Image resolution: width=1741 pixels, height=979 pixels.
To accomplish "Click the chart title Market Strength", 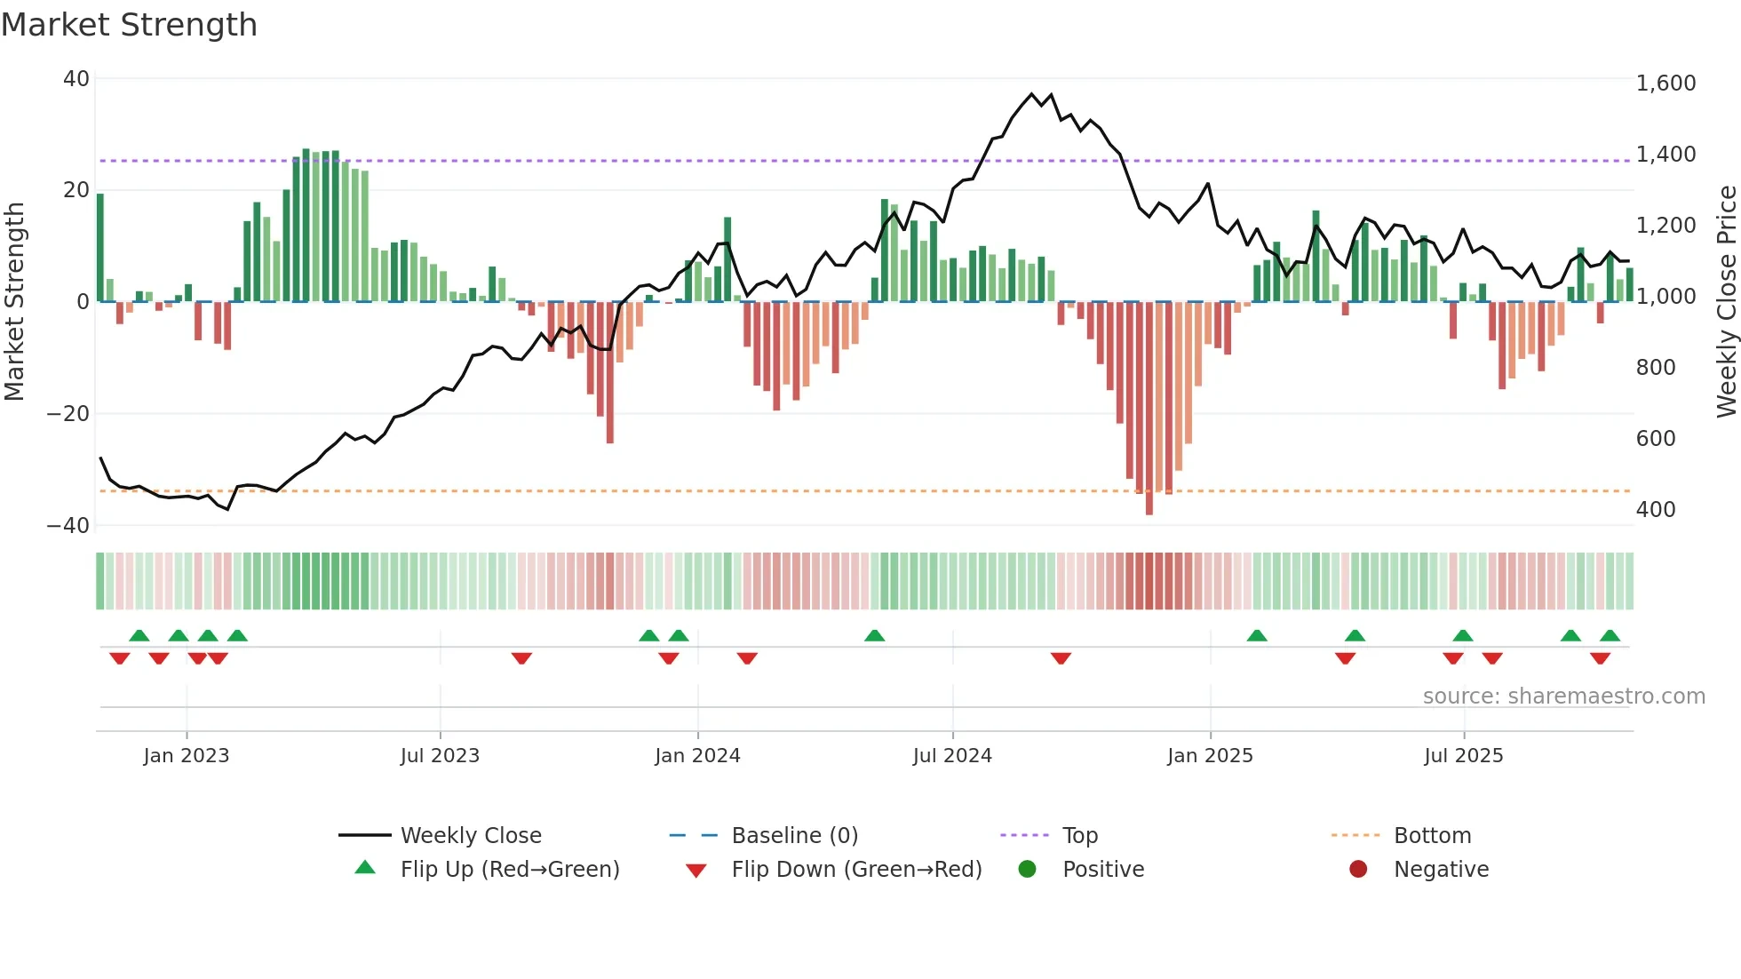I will (x=129, y=25).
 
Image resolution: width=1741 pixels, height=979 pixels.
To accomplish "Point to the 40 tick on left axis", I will (x=76, y=79).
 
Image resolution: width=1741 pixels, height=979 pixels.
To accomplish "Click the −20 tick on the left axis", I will (x=68, y=414).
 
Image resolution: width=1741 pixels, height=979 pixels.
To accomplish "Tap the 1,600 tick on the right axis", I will (x=1665, y=84).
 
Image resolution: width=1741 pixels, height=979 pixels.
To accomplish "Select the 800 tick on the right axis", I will (x=1656, y=368).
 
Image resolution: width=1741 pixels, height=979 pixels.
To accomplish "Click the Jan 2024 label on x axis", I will (x=697, y=756).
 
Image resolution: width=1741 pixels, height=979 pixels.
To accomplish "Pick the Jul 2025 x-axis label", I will (x=1463, y=756).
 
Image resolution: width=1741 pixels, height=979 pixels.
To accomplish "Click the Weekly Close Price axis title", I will (x=1726, y=301).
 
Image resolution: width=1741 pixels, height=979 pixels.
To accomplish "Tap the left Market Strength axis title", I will (x=14, y=301).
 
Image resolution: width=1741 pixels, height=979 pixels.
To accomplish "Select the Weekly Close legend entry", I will (x=470, y=836).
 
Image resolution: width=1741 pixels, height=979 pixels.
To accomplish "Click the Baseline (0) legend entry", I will (x=794, y=836).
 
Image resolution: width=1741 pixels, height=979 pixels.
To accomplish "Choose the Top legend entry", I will (x=1079, y=836).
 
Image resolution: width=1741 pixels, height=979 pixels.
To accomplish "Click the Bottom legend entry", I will (x=1432, y=836).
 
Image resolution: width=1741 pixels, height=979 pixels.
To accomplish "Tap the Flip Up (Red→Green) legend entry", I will (x=509, y=870).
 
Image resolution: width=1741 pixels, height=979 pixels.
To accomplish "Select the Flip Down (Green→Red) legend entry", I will (x=856, y=870).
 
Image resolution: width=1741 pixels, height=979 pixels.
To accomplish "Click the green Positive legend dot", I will (x=1027, y=870).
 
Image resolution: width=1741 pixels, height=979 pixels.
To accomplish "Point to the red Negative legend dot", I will (x=1358, y=870).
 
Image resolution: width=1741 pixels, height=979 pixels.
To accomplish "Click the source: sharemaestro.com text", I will (x=1563, y=696).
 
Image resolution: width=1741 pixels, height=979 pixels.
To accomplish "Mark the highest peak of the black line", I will (x=1032, y=93).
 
